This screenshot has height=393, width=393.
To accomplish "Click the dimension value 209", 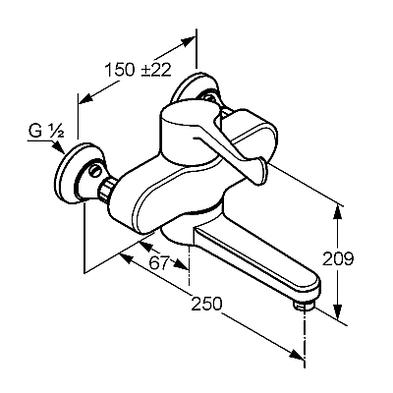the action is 338,259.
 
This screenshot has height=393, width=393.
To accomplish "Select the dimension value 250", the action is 206,304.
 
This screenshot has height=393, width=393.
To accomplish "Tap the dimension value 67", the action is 160,262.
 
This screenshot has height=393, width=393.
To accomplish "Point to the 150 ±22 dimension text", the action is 138,70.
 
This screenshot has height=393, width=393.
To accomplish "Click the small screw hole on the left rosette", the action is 95,170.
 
